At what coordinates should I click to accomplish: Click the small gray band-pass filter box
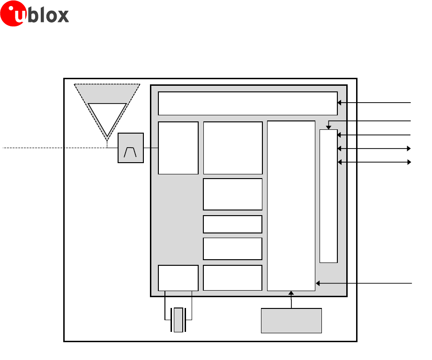pyautogui.click(x=131, y=148)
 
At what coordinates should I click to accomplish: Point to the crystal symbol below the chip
pyautogui.click(x=178, y=320)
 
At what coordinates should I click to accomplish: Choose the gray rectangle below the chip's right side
pyautogui.click(x=291, y=321)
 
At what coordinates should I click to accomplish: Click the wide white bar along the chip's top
pyautogui.click(x=248, y=104)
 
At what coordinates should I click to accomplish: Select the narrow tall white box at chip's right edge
pyautogui.click(x=328, y=196)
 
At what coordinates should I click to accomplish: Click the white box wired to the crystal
pyautogui.click(x=178, y=277)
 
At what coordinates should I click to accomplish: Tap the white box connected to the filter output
pyautogui.click(x=178, y=148)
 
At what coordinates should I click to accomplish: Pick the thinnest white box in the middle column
pyautogui.click(x=232, y=224)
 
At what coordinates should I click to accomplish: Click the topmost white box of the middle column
pyautogui.click(x=232, y=148)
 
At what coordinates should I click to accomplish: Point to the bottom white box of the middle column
pyautogui.click(x=232, y=277)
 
